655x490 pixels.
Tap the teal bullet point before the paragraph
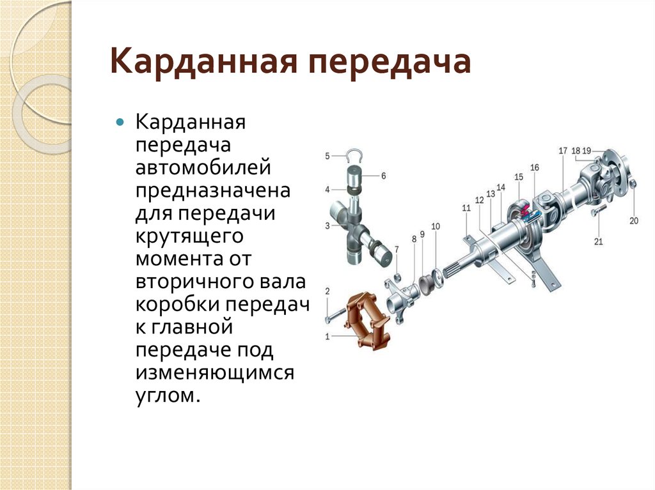click(120, 122)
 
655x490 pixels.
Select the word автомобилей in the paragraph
click(203, 168)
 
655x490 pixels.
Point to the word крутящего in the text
click(189, 236)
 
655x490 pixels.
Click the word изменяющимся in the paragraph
click(215, 372)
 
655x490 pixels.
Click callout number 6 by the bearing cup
click(384, 176)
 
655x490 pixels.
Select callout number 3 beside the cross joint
click(327, 226)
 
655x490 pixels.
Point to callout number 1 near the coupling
click(327, 337)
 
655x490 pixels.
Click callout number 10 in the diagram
click(436, 226)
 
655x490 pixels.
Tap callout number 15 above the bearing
click(519, 177)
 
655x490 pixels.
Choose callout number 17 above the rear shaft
click(563, 151)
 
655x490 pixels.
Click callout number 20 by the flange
click(634, 221)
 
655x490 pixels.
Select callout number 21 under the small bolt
click(599, 241)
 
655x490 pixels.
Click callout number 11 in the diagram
click(466, 208)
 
